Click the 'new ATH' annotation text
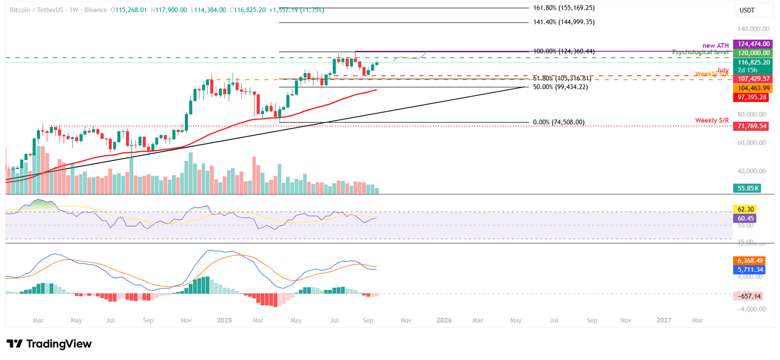(x=714, y=45)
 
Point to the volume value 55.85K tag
(x=750, y=188)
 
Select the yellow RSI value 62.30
(x=745, y=209)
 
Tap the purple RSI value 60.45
(x=745, y=218)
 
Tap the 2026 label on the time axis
(x=444, y=320)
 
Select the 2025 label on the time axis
(x=224, y=320)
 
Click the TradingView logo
(x=49, y=344)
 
